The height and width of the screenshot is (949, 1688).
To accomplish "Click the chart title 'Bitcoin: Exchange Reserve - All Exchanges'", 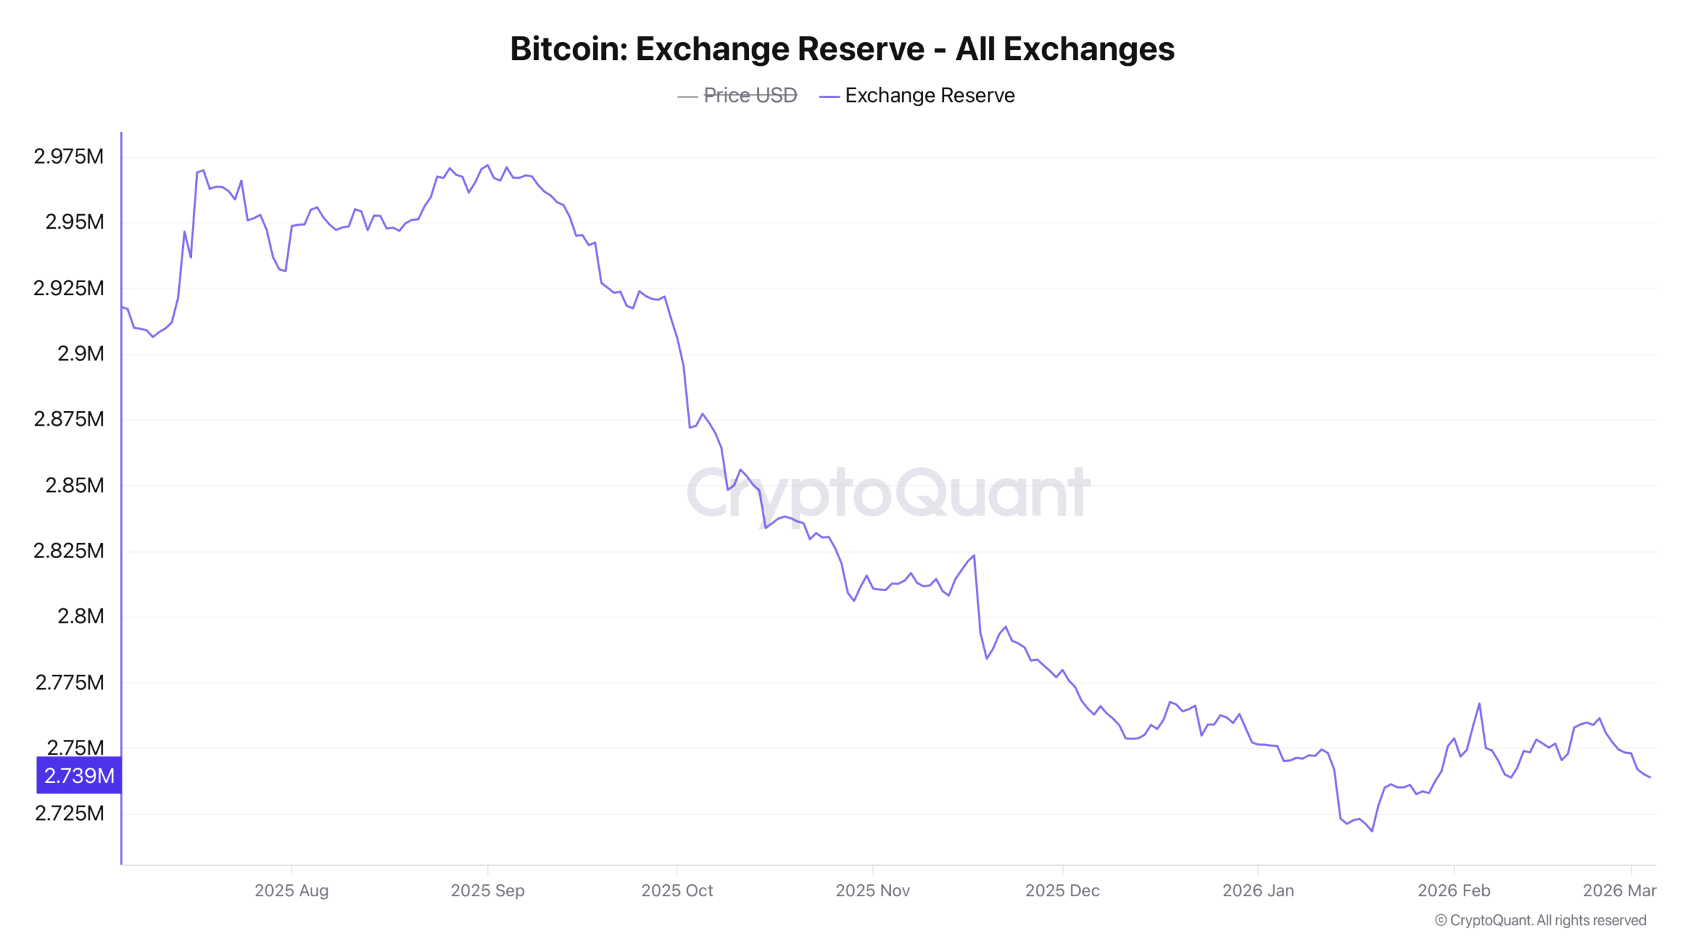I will point(842,49).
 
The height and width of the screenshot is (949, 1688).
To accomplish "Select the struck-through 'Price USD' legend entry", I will point(750,96).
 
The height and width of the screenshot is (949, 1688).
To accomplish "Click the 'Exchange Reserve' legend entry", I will point(929,96).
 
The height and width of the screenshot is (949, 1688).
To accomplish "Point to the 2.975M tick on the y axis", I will point(69,156).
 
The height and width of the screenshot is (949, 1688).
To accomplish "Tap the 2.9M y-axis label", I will point(80,354).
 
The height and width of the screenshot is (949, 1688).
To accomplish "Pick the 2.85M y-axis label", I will point(75,485).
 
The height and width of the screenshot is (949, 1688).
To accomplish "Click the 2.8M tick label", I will point(80,616).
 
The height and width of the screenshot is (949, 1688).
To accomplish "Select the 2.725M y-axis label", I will point(69,813).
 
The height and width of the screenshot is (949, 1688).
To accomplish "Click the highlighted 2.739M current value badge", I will point(79,776).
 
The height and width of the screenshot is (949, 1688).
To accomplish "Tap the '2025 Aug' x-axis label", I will point(291,890).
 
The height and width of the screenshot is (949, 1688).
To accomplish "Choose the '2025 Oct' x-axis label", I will point(677,890).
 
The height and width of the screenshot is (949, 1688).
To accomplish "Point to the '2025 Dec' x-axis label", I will point(1062,890).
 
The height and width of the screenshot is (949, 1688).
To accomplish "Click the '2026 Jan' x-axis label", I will point(1257,890).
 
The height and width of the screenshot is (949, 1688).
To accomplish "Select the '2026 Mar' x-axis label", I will point(1619,890).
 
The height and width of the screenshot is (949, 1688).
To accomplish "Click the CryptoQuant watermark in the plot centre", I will point(888,492).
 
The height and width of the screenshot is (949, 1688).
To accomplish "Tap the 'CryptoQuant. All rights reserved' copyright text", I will point(1540,920).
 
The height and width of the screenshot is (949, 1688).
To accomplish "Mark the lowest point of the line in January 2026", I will point(1372,831).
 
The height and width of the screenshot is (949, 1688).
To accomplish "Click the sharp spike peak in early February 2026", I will point(1480,703).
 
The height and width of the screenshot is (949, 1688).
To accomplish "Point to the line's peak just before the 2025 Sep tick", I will point(487,165).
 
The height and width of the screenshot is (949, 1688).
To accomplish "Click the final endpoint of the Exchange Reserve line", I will point(1650,778).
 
